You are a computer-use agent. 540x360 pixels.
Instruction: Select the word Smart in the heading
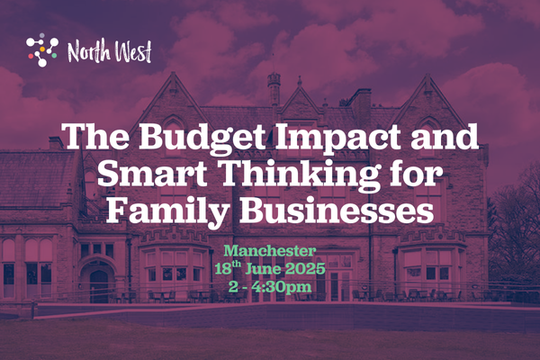pyautogui.click(x=152, y=175)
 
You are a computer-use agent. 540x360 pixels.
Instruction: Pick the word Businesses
pyautogui.click(x=337, y=211)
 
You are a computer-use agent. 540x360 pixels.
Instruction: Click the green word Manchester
pyautogui.click(x=270, y=251)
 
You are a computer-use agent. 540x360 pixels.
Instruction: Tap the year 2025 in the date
pyautogui.click(x=305, y=268)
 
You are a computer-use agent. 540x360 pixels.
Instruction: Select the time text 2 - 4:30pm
pyautogui.click(x=270, y=287)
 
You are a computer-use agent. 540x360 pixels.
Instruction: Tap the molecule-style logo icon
pyautogui.click(x=42, y=50)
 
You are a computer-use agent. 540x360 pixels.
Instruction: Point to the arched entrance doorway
pyautogui.click(x=99, y=282)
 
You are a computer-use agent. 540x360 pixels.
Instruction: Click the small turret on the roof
pyautogui.click(x=274, y=88)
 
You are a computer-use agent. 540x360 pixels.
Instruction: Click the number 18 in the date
pyautogui.click(x=224, y=269)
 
